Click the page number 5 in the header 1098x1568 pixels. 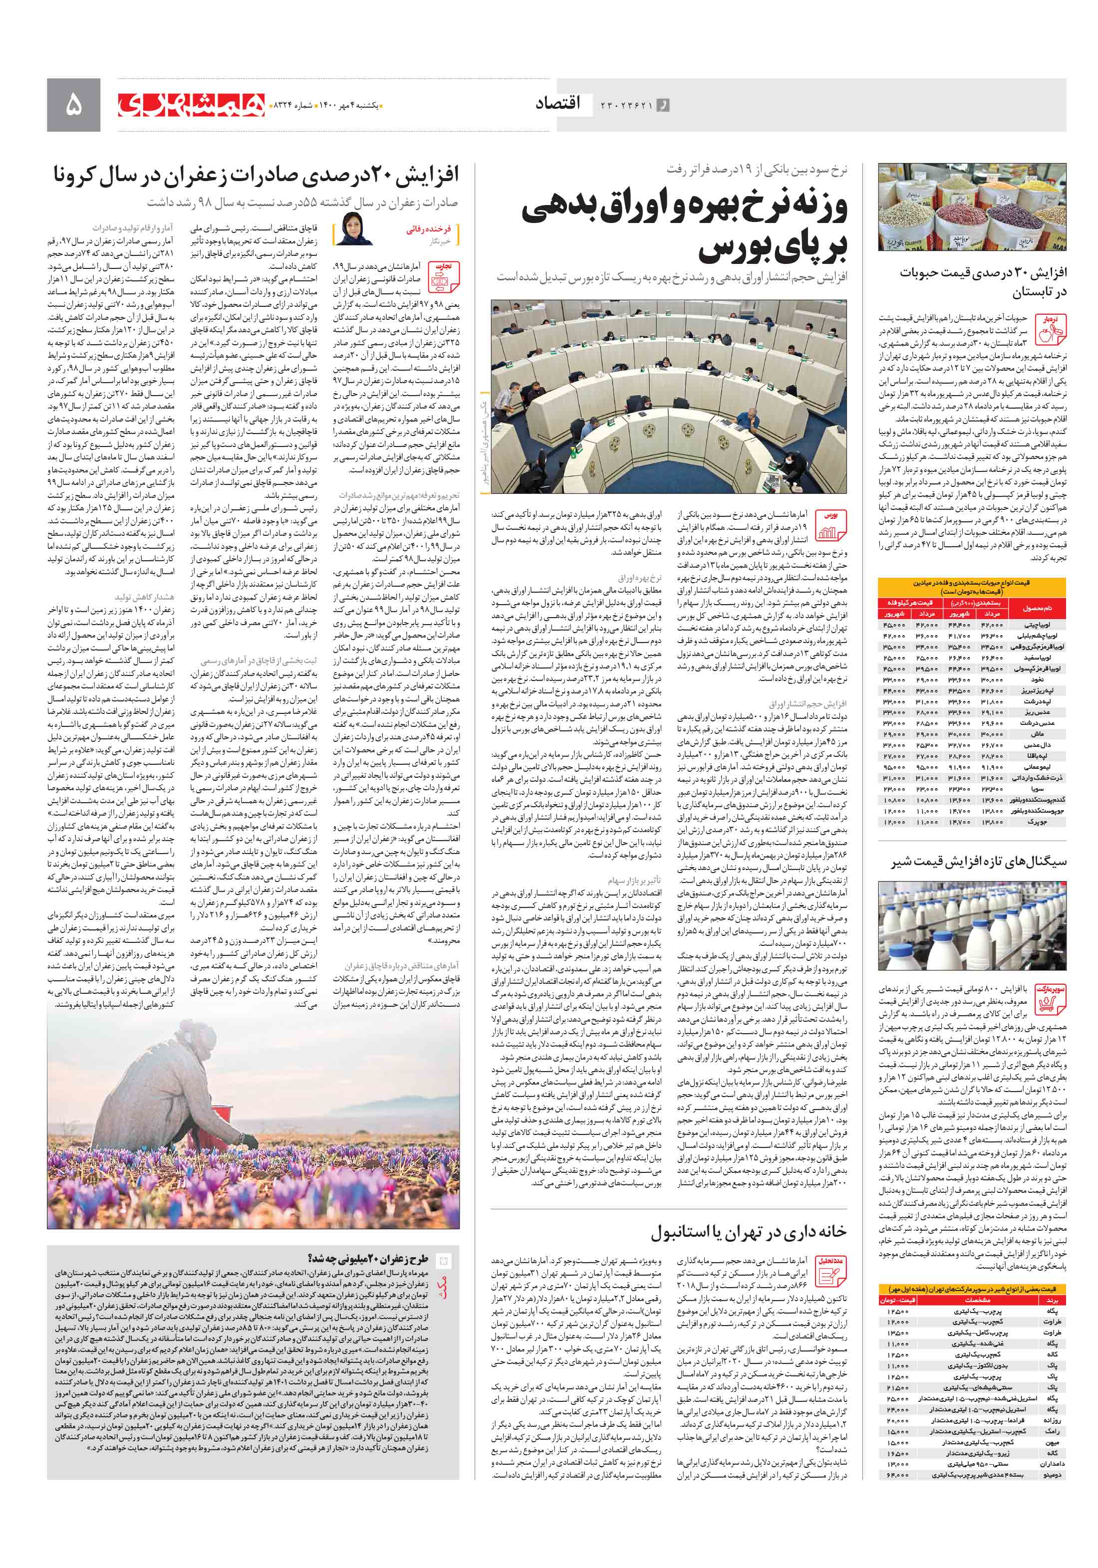pyautogui.click(x=73, y=104)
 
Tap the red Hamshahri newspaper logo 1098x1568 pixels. pyautogui.click(x=191, y=104)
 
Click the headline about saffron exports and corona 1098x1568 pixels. pyautogui.click(x=256, y=175)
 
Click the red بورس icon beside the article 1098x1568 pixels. pyautogui.click(x=830, y=524)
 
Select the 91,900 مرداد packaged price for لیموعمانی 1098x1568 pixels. pyautogui.click(x=992, y=768)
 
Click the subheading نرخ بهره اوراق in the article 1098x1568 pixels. pyautogui.click(x=639, y=578)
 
